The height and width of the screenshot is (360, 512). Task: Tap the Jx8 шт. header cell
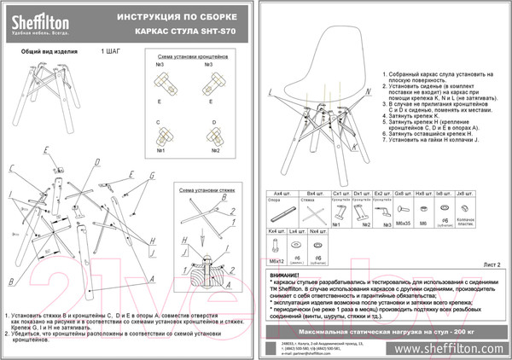click(x=464, y=195)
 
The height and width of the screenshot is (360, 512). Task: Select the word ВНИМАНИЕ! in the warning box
click(x=288, y=276)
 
